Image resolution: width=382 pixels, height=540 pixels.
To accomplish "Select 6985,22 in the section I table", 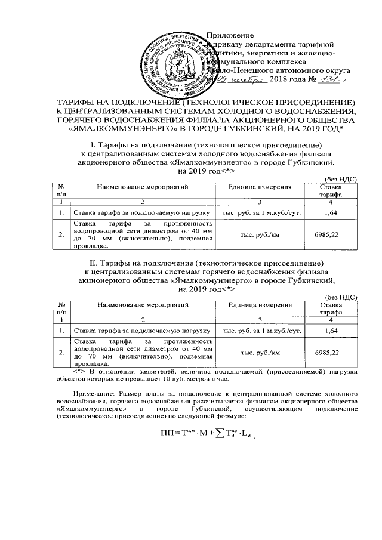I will tap(330, 235).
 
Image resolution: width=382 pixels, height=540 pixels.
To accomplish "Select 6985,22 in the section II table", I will tap(330, 353).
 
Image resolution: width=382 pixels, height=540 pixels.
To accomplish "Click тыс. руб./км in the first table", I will tap(260, 235).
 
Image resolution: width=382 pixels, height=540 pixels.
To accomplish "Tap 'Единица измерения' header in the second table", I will tap(260, 304).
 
